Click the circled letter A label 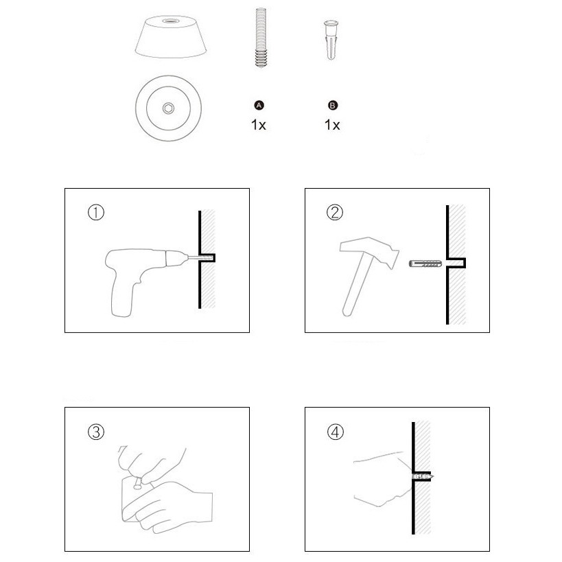259,106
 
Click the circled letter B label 333,106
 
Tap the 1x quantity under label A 259,125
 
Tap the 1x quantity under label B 332,125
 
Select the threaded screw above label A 261,38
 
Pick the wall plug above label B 331,40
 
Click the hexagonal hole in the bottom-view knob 168,108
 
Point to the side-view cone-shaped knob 171,37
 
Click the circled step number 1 96,212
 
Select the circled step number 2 335,212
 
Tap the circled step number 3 96,432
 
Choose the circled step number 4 335,432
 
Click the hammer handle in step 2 356,287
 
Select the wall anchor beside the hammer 425,264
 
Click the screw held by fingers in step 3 138,482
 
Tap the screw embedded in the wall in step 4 423,477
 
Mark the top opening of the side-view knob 171,21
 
